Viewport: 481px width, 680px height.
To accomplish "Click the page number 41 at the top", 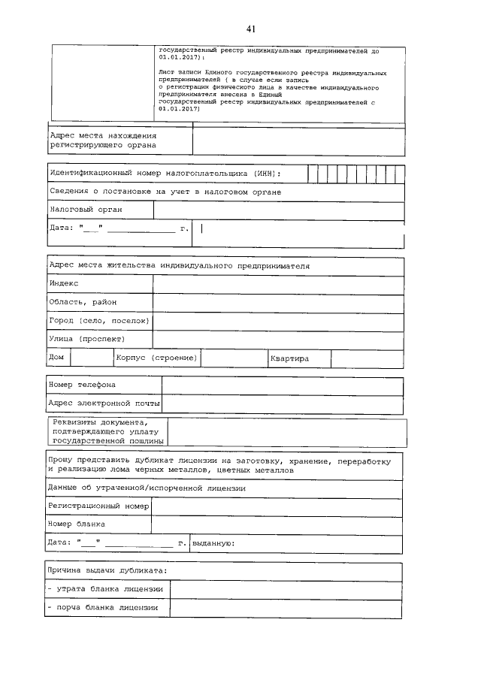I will click(x=251, y=29).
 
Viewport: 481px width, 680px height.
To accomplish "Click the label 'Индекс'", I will click(x=64, y=283).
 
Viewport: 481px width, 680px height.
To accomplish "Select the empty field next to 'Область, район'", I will click(x=278, y=302).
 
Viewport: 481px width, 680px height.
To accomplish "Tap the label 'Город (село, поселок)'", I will click(x=100, y=321).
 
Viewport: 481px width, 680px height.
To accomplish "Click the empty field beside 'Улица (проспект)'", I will click(x=278, y=340).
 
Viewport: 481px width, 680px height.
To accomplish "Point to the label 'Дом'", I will click(x=56, y=358).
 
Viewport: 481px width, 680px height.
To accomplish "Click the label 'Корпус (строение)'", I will click(x=157, y=358).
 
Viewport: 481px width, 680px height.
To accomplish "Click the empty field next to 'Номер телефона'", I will click(x=283, y=385).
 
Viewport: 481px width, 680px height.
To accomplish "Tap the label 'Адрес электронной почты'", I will click(x=104, y=403).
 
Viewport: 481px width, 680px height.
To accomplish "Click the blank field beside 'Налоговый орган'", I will click(x=279, y=210).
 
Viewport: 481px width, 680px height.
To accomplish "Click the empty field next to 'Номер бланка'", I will click(x=277, y=524).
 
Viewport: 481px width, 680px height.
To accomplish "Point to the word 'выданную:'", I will click(x=214, y=542).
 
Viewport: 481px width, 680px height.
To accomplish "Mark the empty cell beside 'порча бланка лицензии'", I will click(x=286, y=608).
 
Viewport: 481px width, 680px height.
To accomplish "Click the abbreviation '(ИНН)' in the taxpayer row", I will click(x=266, y=174).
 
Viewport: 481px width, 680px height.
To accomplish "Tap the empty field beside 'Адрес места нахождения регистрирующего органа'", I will click(x=298, y=140).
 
